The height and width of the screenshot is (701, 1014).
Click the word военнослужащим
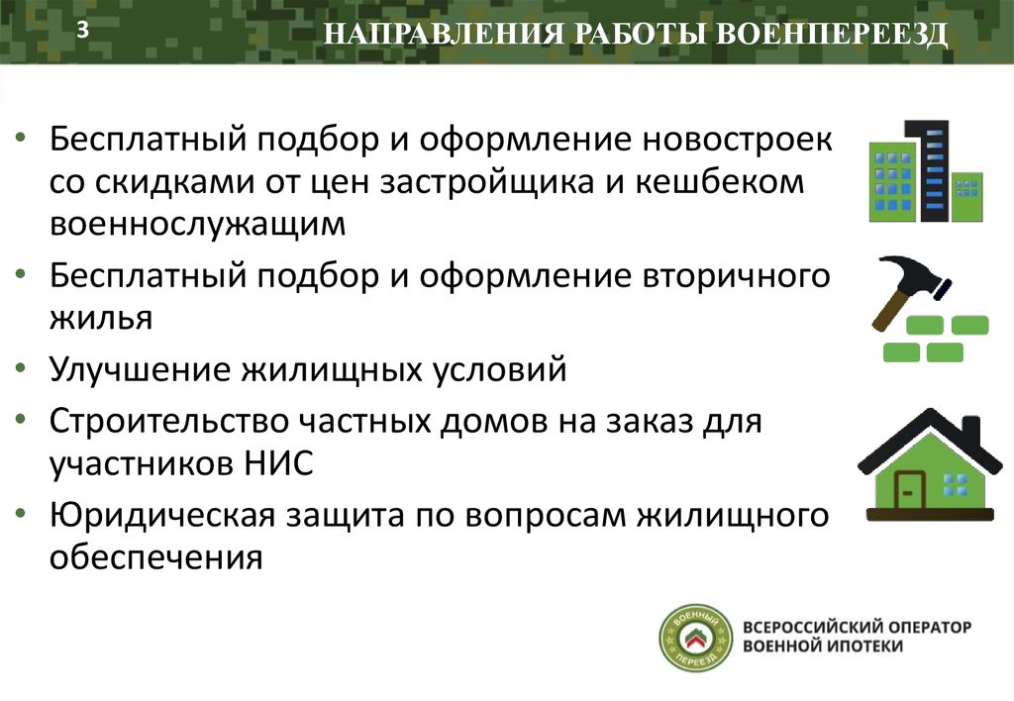[198, 226]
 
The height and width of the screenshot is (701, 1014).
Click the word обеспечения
[155, 556]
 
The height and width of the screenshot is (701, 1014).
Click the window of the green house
[954, 484]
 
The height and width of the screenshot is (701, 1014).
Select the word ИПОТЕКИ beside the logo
[866, 647]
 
